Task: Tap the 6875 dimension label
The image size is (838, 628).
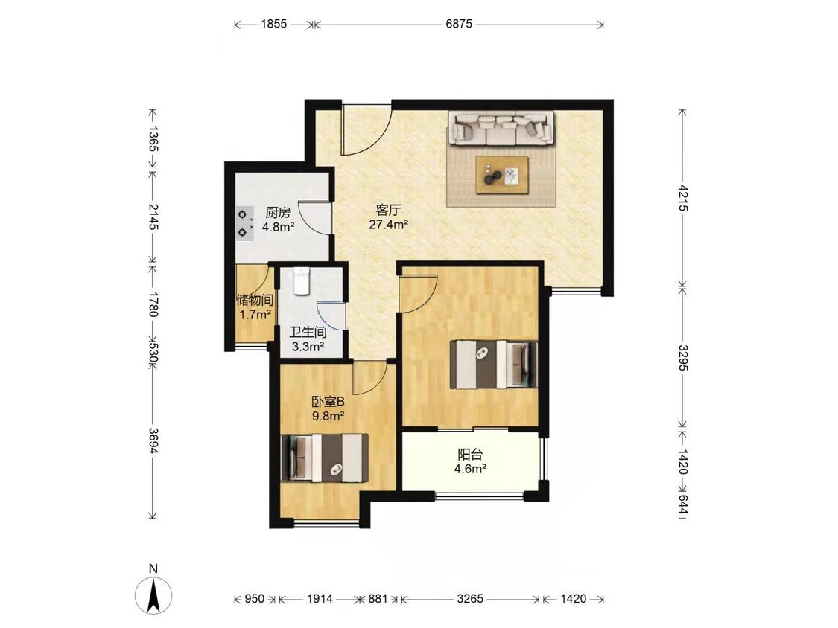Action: tap(459, 24)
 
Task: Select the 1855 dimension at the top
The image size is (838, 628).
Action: tap(274, 24)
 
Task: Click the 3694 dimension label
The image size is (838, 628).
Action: tap(153, 440)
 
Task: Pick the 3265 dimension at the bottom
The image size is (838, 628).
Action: tap(470, 599)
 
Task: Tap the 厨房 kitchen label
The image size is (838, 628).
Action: tap(278, 213)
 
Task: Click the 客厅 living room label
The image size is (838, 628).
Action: tap(389, 210)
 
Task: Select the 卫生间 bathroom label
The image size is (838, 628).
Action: tap(308, 332)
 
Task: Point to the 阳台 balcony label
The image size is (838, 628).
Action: tap(470, 455)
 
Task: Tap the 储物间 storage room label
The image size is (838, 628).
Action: tap(255, 300)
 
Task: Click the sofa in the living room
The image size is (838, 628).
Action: tap(501, 128)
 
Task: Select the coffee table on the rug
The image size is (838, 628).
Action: tap(502, 174)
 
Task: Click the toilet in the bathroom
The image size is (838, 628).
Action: tap(302, 281)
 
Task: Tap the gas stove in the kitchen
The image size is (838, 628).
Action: tap(245, 223)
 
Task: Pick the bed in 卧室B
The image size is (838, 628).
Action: tap(325, 458)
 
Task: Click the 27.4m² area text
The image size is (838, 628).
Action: tap(389, 225)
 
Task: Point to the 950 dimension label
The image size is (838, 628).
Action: tap(255, 599)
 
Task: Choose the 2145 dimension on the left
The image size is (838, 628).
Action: tap(153, 217)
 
